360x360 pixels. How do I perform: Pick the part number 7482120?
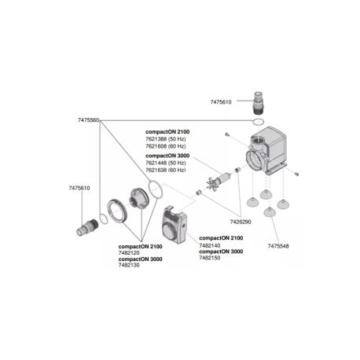point(132,253)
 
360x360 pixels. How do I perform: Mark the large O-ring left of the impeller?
point(156,189)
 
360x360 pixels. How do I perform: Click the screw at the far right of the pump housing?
point(297,174)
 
